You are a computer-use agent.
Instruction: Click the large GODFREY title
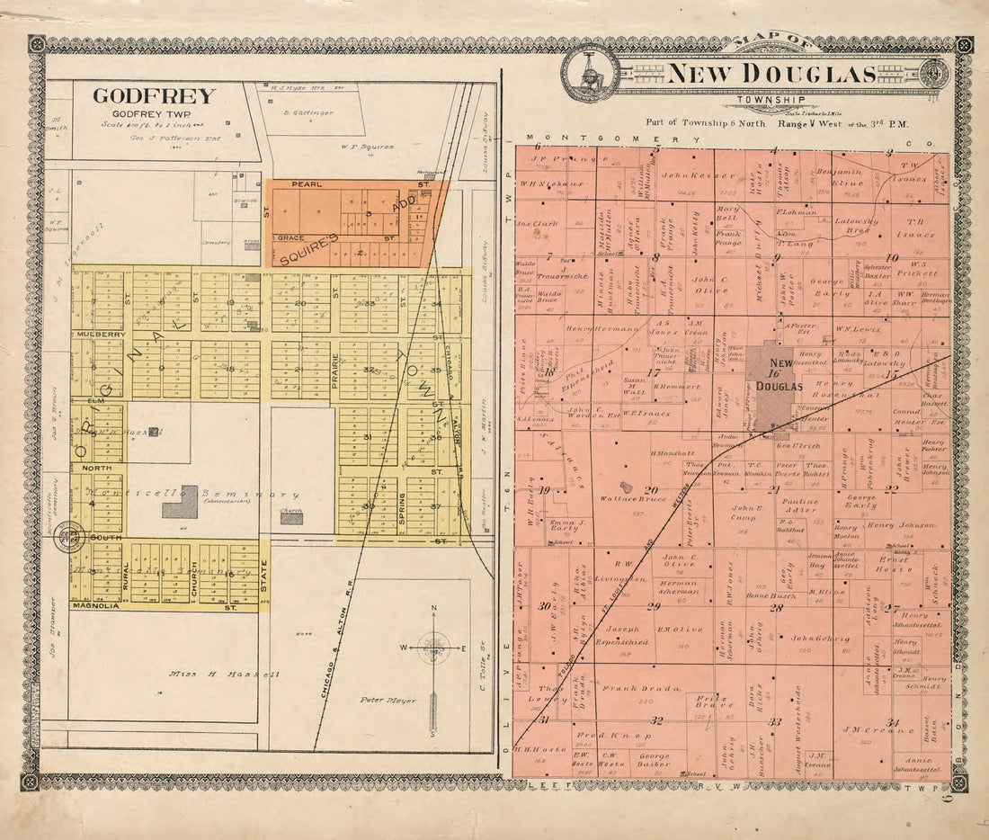click(154, 96)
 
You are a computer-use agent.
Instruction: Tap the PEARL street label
click(308, 185)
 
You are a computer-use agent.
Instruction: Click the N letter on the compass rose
click(433, 609)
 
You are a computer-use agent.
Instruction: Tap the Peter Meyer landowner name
click(385, 699)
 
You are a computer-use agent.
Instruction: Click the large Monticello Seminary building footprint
click(180, 502)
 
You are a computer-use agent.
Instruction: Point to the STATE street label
click(264, 576)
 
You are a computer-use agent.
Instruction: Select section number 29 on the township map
click(654, 606)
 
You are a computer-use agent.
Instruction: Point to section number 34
click(892, 722)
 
